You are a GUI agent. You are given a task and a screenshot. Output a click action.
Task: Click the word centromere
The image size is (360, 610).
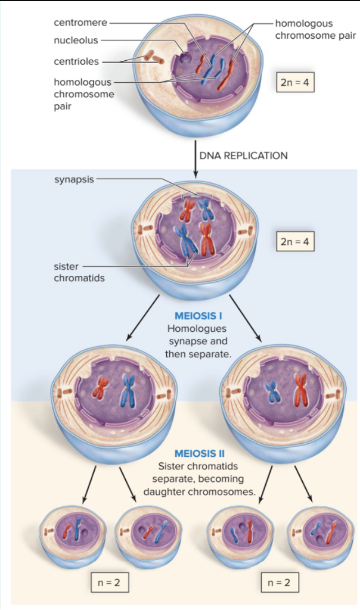pyautogui.click(x=80, y=23)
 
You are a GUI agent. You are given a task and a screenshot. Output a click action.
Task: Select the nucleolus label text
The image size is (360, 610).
pyautogui.click(x=76, y=41)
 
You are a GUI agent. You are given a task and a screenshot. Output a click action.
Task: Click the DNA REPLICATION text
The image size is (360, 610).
pyautogui.click(x=243, y=155)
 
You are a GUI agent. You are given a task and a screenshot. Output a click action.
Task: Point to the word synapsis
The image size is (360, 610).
pyautogui.click(x=74, y=180)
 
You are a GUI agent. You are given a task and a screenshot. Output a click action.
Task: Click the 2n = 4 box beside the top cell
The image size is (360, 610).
pyautogui.click(x=294, y=82)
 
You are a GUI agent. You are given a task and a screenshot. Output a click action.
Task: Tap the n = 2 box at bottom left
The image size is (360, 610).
pyautogui.click(x=108, y=582)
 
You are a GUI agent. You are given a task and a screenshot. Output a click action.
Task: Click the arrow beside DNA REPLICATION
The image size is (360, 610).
pyautogui.click(x=195, y=158)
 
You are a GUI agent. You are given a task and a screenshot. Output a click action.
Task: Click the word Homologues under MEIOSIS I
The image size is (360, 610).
pyautogui.click(x=197, y=329)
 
